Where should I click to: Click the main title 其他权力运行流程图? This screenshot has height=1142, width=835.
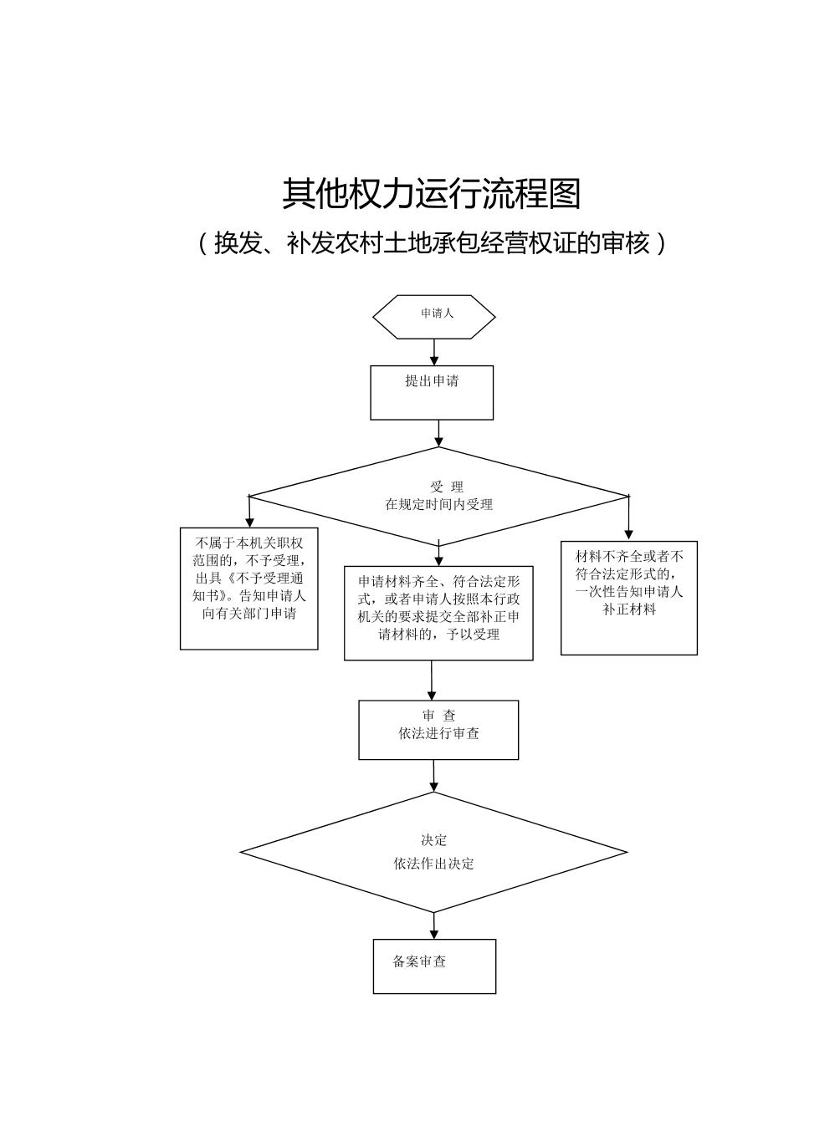(431, 194)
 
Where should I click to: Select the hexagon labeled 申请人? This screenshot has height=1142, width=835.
(433, 316)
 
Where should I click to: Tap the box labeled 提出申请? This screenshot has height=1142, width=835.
(432, 392)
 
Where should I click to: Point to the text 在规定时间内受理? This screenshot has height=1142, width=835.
(438, 505)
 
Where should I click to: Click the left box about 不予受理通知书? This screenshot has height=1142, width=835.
(248, 588)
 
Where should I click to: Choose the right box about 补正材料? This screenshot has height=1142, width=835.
(628, 597)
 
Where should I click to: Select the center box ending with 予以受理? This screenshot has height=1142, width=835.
(438, 613)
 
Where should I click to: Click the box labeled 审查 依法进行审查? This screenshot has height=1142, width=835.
(438, 729)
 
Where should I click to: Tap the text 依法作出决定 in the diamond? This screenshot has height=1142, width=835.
(433, 864)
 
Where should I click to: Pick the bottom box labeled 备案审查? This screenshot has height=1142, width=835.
(434, 966)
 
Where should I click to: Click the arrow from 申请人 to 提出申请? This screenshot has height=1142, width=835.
(433, 352)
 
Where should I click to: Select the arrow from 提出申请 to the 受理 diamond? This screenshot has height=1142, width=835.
(438, 433)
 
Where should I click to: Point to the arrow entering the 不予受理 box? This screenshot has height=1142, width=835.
(249, 512)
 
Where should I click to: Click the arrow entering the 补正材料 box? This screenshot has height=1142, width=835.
(628, 518)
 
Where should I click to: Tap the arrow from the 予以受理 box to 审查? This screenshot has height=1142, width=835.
(432, 681)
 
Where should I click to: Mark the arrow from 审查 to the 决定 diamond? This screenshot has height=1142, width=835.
(433, 776)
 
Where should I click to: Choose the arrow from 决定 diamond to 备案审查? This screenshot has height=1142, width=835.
(433, 925)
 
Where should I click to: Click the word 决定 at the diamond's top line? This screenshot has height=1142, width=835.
(433, 840)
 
